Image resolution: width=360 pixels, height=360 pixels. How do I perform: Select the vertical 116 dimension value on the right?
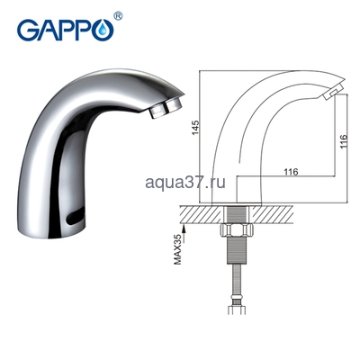point(342,144)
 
